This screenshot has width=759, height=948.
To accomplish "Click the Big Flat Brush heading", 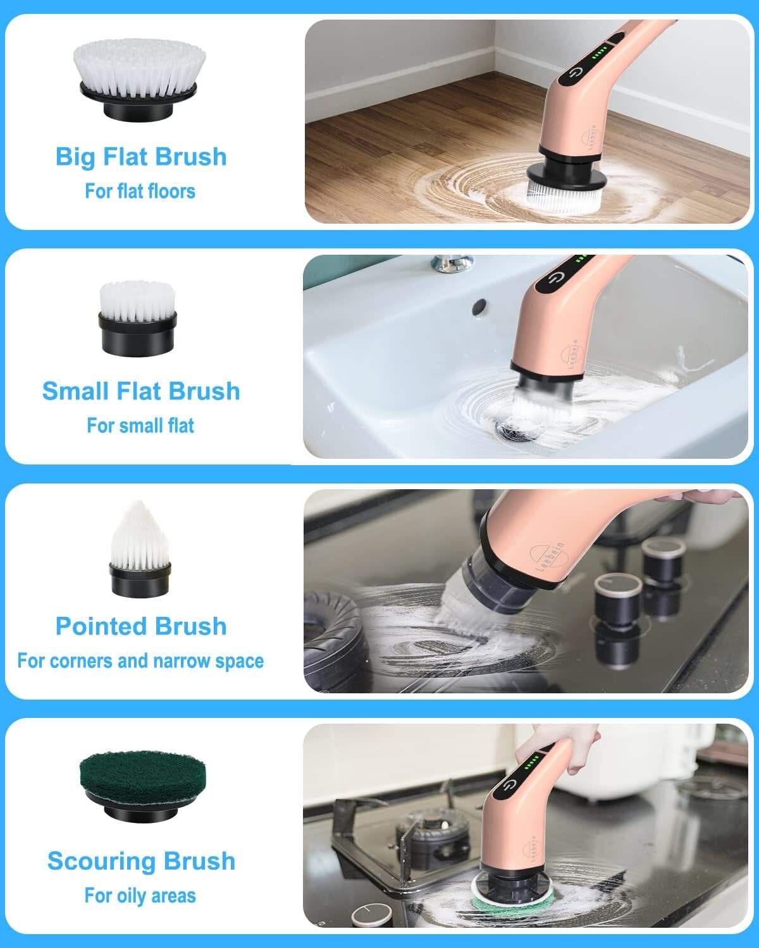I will (x=141, y=157).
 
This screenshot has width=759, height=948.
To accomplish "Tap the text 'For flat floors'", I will (x=140, y=191).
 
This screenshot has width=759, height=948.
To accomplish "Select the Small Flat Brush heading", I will (x=141, y=391).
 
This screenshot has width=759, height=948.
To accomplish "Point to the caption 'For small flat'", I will (x=140, y=425).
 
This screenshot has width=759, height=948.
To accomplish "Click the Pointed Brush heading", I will (x=141, y=626).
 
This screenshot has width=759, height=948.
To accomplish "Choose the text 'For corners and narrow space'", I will (x=140, y=661).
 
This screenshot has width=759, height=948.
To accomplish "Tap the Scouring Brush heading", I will (x=141, y=861).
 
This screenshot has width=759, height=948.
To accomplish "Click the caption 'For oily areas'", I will (x=140, y=896).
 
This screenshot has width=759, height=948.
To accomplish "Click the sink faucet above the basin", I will (x=452, y=262).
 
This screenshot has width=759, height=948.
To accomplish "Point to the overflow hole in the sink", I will (x=479, y=306).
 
